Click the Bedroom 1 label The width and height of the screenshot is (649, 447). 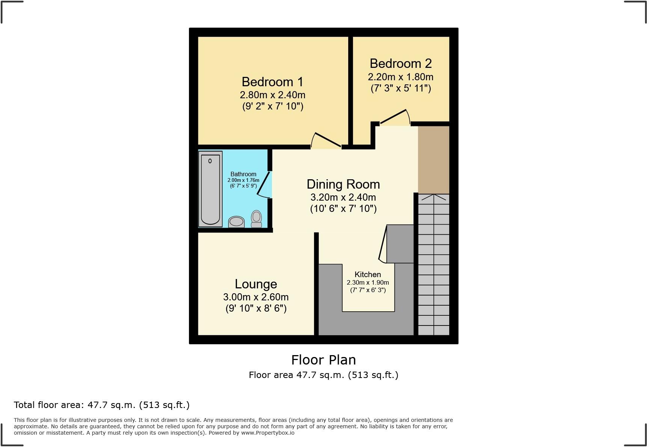pyautogui.click(x=272, y=82)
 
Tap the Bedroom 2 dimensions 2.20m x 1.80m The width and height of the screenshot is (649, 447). pyautogui.click(x=400, y=77)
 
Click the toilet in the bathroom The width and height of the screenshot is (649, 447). pyautogui.click(x=256, y=219)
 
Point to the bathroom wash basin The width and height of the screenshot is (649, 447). pyautogui.click(x=236, y=222)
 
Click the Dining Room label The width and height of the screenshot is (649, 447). pyautogui.click(x=343, y=184)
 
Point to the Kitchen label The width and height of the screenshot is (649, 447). pyautogui.click(x=368, y=274)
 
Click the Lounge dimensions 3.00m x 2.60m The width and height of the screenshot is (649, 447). pyautogui.click(x=256, y=297)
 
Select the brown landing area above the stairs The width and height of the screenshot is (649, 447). pyautogui.click(x=433, y=159)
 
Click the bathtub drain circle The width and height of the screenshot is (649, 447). pyautogui.click(x=210, y=161)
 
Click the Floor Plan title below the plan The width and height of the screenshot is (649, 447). pyautogui.click(x=323, y=360)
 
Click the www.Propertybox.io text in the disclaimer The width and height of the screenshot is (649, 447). pyautogui.click(x=267, y=433)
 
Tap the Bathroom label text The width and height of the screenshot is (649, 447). pyautogui.click(x=243, y=174)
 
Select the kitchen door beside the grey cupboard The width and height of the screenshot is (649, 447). pyautogui.click(x=383, y=244)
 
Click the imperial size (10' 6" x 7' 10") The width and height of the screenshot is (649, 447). pyautogui.click(x=343, y=208)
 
